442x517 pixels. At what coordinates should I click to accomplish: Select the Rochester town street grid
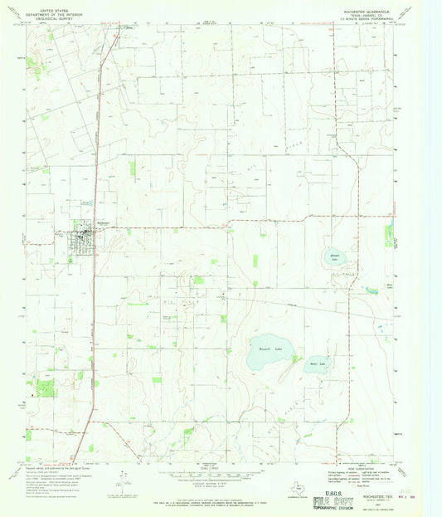(85, 241)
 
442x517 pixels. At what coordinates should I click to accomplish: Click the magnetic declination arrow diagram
(123, 476)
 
